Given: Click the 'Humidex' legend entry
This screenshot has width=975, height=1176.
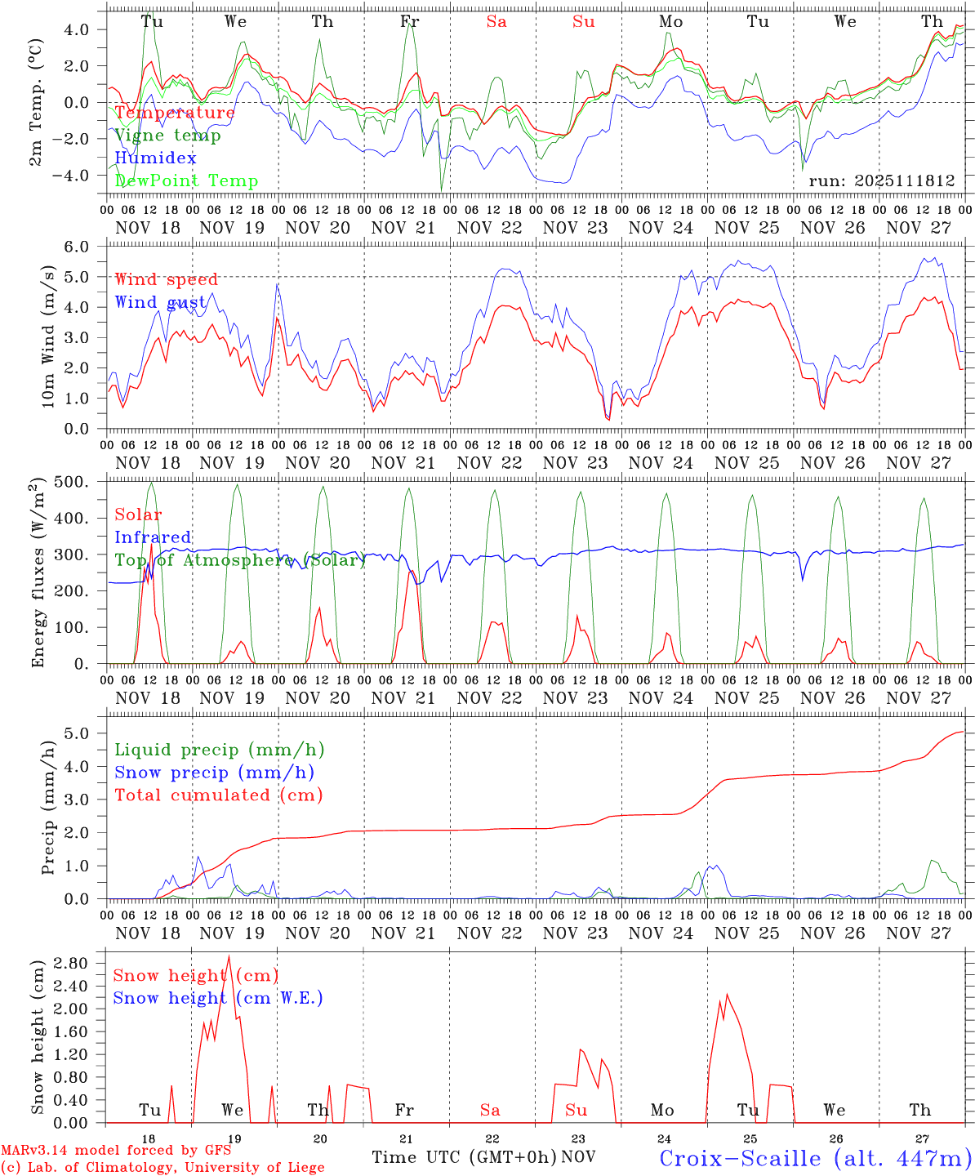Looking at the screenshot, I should coord(155,158).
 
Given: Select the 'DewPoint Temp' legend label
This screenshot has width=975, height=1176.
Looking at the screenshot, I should coord(186,180).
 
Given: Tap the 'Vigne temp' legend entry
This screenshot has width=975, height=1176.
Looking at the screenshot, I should coord(167,135).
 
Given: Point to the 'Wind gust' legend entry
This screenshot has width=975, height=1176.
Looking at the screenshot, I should coord(160,302).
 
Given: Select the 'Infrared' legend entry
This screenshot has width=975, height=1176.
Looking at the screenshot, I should coord(153,537).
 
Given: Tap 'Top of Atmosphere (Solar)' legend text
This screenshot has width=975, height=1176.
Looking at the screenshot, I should coord(240,560).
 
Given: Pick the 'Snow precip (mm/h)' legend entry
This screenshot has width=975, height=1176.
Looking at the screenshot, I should coord(215,772).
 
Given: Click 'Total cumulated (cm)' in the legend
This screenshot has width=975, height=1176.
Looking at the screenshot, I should coord(219,795).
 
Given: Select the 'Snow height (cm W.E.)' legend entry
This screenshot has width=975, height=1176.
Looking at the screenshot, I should coord(218,998).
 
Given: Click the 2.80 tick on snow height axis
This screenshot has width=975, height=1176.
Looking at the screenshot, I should coord(80,963).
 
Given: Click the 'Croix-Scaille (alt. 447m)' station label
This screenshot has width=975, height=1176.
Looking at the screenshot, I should coord(815,1158).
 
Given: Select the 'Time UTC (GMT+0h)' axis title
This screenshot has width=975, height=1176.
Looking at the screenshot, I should coord(464,1157).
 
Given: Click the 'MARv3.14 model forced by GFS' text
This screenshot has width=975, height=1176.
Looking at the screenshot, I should coord(116,1150).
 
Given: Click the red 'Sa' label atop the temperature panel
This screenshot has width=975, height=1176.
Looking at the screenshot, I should coord(496,21).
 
